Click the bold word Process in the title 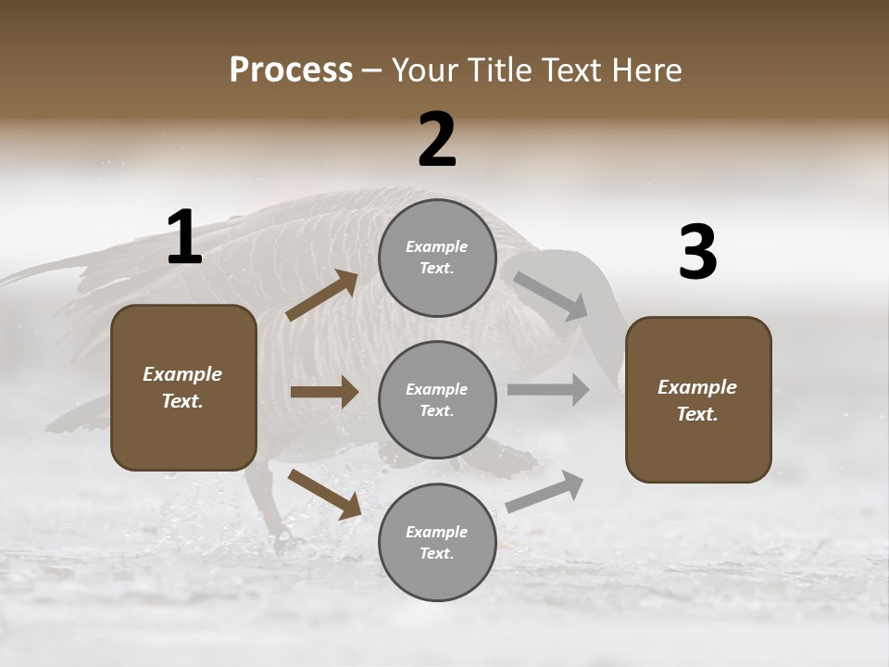pyautogui.click(x=291, y=70)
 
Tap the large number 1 pyautogui.click(x=184, y=238)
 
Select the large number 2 pyautogui.click(x=437, y=140)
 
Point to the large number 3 pyautogui.click(x=697, y=254)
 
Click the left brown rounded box pyautogui.click(x=183, y=387)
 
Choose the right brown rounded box pyautogui.click(x=698, y=399)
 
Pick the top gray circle pyautogui.click(x=437, y=258)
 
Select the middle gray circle pyautogui.click(x=437, y=399)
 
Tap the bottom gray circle pyautogui.click(x=437, y=542)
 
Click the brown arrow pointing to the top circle pyautogui.click(x=322, y=296)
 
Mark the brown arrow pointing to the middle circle pyautogui.click(x=324, y=392)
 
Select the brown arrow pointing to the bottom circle pyautogui.click(x=325, y=494)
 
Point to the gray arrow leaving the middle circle pyautogui.click(x=548, y=390)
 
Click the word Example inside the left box pyautogui.click(x=182, y=374)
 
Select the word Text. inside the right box pyautogui.click(x=697, y=414)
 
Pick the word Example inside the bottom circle pyautogui.click(x=436, y=532)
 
